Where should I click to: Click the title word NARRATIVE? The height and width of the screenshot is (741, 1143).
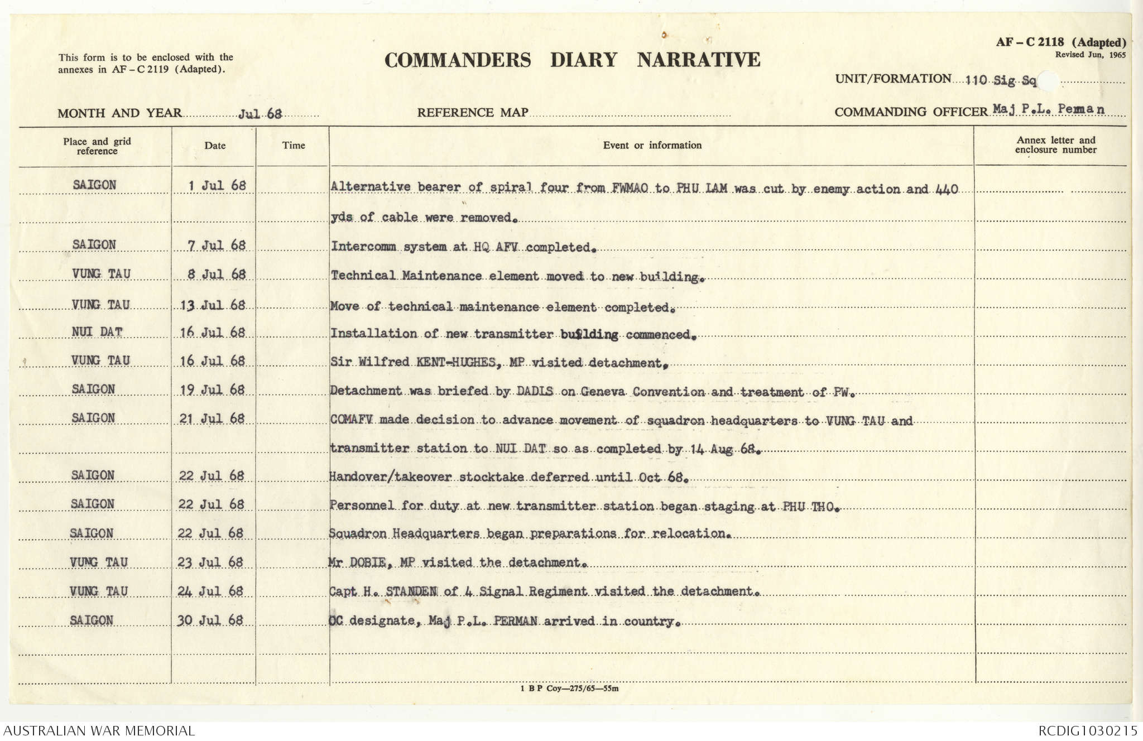(698, 60)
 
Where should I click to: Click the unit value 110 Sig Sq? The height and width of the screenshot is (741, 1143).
(1001, 81)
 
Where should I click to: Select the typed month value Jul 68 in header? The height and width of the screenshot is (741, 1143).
(260, 114)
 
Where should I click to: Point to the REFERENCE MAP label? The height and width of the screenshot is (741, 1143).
(472, 113)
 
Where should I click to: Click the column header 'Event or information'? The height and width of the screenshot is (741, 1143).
(652, 145)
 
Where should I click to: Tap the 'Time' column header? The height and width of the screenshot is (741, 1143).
(293, 146)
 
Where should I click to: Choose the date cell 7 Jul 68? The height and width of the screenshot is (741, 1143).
(217, 246)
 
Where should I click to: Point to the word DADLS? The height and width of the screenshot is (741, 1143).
(535, 391)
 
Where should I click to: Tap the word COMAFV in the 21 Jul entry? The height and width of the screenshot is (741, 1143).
(352, 420)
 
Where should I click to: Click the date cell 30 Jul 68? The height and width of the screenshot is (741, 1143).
(210, 620)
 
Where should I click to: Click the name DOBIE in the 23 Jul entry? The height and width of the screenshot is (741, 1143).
(367, 562)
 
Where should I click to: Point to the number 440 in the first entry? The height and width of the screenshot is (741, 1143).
(946, 189)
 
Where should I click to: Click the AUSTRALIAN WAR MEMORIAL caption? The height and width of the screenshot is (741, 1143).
(99, 730)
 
